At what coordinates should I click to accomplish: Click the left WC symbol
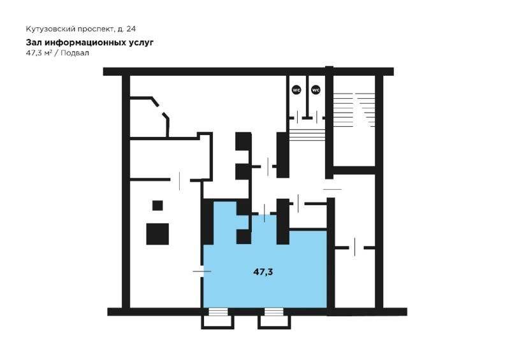(x=296, y=89)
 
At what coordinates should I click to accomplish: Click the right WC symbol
(x=316, y=89)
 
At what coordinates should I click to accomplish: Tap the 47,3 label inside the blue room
(x=263, y=272)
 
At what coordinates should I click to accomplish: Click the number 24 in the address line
(x=131, y=29)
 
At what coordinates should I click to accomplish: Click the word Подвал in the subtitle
(x=75, y=53)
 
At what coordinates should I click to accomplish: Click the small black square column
(x=157, y=206)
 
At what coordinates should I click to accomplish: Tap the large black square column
(x=157, y=234)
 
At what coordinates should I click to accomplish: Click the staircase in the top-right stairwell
(x=354, y=110)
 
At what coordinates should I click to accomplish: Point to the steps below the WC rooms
(x=307, y=135)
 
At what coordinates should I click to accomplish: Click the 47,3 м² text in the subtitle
(x=39, y=53)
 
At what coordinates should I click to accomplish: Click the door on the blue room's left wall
(x=202, y=271)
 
